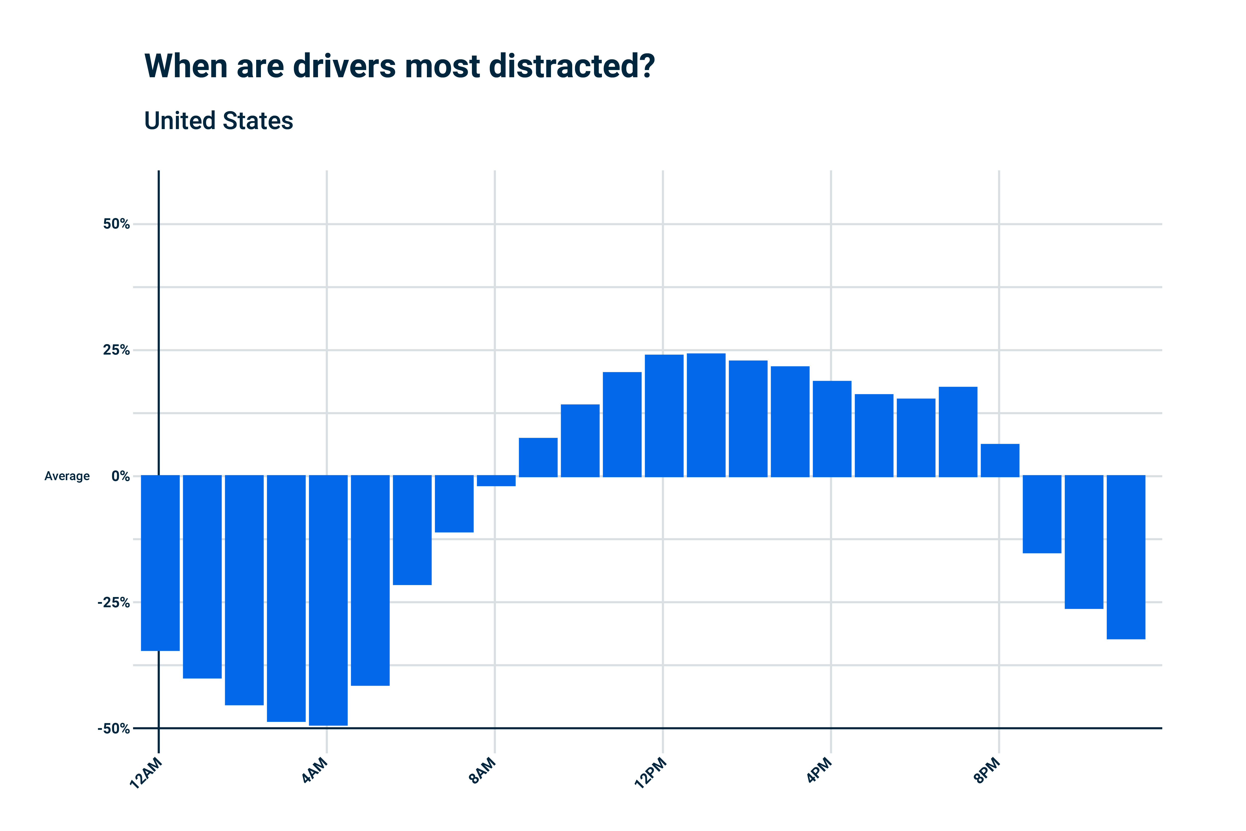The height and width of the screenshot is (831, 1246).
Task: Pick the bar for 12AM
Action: tap(160, 563)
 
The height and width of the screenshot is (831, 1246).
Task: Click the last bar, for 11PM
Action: tap(1126, 557)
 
